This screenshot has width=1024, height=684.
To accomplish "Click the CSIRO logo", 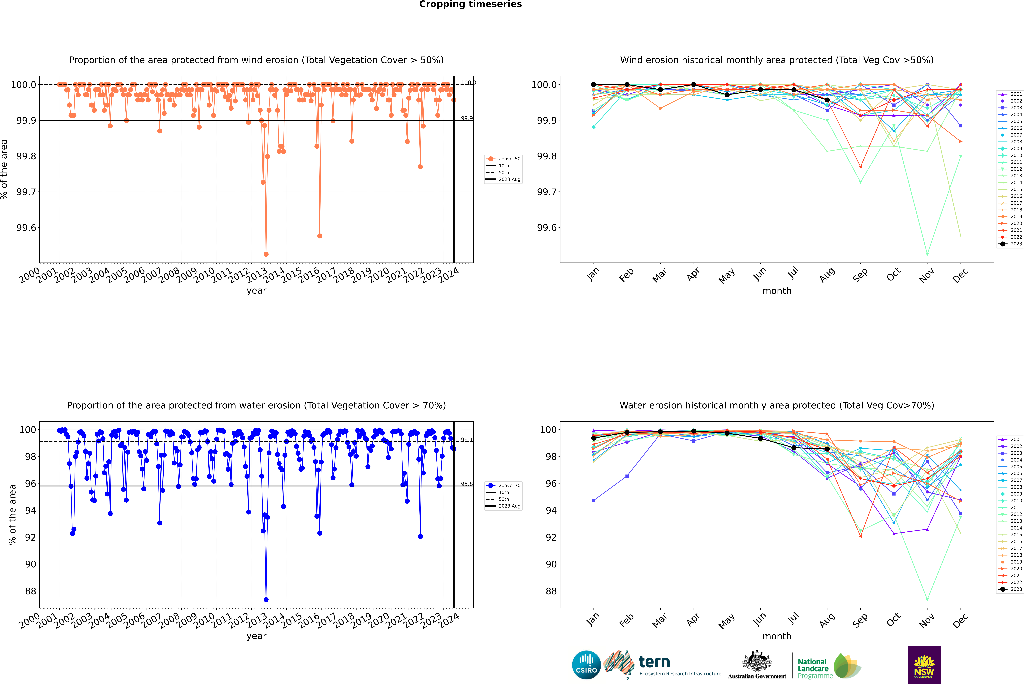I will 586,665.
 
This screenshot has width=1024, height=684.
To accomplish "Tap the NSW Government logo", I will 924,665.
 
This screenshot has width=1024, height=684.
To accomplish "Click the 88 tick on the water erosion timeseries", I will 31,591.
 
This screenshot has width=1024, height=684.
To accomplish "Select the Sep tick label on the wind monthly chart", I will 860,275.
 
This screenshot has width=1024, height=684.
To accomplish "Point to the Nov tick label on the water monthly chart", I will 926,620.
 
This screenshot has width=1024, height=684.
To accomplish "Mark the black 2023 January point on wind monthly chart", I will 594,85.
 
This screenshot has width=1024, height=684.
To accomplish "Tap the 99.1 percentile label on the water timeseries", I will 467,440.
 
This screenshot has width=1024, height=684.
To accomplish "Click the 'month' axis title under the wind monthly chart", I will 776,291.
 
